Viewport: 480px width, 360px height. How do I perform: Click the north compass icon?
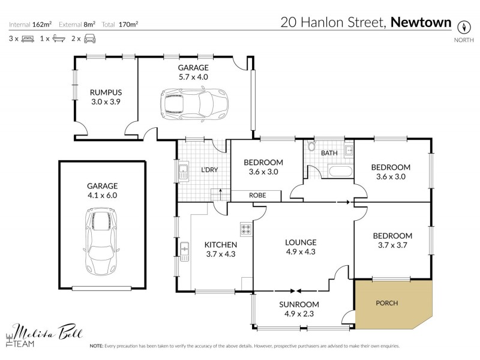tap(463, 26)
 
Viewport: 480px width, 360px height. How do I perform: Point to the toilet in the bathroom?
tap(311, 147)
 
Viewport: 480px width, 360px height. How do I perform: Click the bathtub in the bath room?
tap(340, 172)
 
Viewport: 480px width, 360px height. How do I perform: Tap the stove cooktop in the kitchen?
tap(246, 229)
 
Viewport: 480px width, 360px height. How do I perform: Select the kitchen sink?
tap(185, 247)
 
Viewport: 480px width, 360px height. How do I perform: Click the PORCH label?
tap(386, 303)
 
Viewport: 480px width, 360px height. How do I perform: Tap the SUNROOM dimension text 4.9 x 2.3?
tap(299, 314)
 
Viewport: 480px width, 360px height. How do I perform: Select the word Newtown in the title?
tap(421, 23)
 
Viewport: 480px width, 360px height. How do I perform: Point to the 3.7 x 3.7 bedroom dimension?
tap(392, 245)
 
